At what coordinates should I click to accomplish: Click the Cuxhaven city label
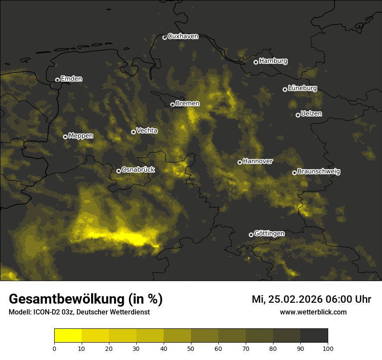click(x=183, y=36)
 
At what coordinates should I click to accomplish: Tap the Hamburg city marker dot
click(x=256, y=62)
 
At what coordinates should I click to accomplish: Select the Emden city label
click(x=71, y=79)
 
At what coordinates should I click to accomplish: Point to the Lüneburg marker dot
click(x=285, y=89)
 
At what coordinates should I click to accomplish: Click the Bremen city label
click(x=188, y=104)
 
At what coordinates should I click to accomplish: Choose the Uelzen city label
click(x=311, y=114)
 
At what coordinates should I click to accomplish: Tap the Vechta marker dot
click(x=133, y=132)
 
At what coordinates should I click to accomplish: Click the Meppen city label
click(x=81, y=136)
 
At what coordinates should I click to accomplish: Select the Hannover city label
click(x=258, y=161)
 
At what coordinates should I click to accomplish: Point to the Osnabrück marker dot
click(x=119, y=171)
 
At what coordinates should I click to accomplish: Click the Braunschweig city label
click(x=319, y=172)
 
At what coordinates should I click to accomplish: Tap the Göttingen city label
click(x=269, y=233)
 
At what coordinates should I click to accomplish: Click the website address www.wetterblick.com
click(x=313, y=312)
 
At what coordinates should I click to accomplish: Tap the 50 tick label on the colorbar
click(x=191, y=348)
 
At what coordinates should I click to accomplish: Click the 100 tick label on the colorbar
click(x=328, y=348)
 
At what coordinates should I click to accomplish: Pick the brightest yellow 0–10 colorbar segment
click(x=68, y=336)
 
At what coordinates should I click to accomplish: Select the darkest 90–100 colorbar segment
click(x=314, y=336)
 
